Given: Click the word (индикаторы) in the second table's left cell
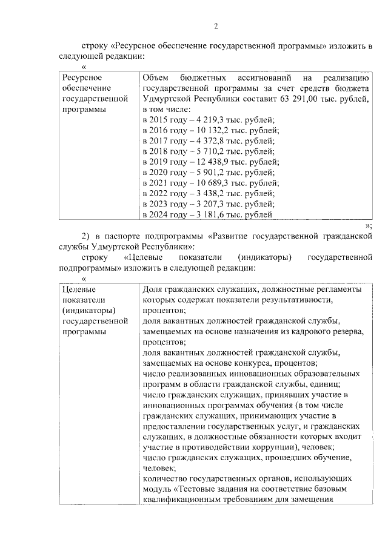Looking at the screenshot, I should click(87, 311).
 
